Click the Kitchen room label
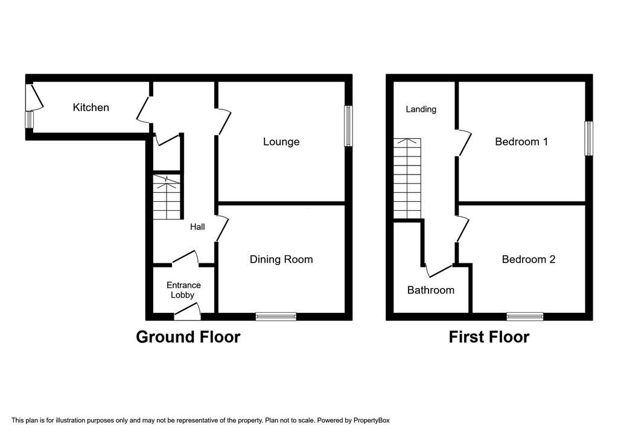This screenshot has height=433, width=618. pos(91,107)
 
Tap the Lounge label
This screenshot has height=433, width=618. pos(281,141)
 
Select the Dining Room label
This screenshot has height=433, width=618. pos(281,260)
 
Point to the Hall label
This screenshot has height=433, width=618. pos(197,226)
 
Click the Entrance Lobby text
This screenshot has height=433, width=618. pos(183,290)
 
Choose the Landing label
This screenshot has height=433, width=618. pos(421,109)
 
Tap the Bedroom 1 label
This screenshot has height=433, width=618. pos(521,141)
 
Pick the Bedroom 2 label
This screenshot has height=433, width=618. pos(529,260)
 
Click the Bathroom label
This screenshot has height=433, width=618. pos(431,290)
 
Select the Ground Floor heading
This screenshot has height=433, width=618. pos(188,337)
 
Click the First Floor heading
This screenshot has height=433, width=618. pos(489,337)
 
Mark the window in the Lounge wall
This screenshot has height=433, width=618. pos(348,126)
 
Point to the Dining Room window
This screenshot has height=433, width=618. pos(276,316)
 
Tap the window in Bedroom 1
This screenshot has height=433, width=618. pos(588,138)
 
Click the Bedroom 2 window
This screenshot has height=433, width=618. pos(525,316)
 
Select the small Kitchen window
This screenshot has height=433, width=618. pos(29,120)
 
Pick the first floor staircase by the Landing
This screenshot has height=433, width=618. pos(407,178)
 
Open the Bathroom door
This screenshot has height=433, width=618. pos(438,271)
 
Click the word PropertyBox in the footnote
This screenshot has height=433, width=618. pos(371,420)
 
